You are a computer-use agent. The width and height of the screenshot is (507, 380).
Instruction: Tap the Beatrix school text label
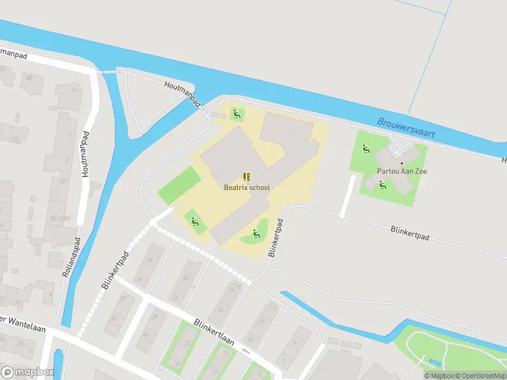tap(247, 187)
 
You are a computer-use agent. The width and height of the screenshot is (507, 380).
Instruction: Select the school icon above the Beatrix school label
tap(247, 177)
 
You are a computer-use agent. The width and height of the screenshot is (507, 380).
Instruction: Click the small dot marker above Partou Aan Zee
tap(401, 163)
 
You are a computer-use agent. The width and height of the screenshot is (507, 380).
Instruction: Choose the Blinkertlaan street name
tap(214, 332)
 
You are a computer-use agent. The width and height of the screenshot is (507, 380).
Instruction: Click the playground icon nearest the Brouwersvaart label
tap(366, 149)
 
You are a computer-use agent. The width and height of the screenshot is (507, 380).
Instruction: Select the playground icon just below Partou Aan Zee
tap(382, 185)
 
